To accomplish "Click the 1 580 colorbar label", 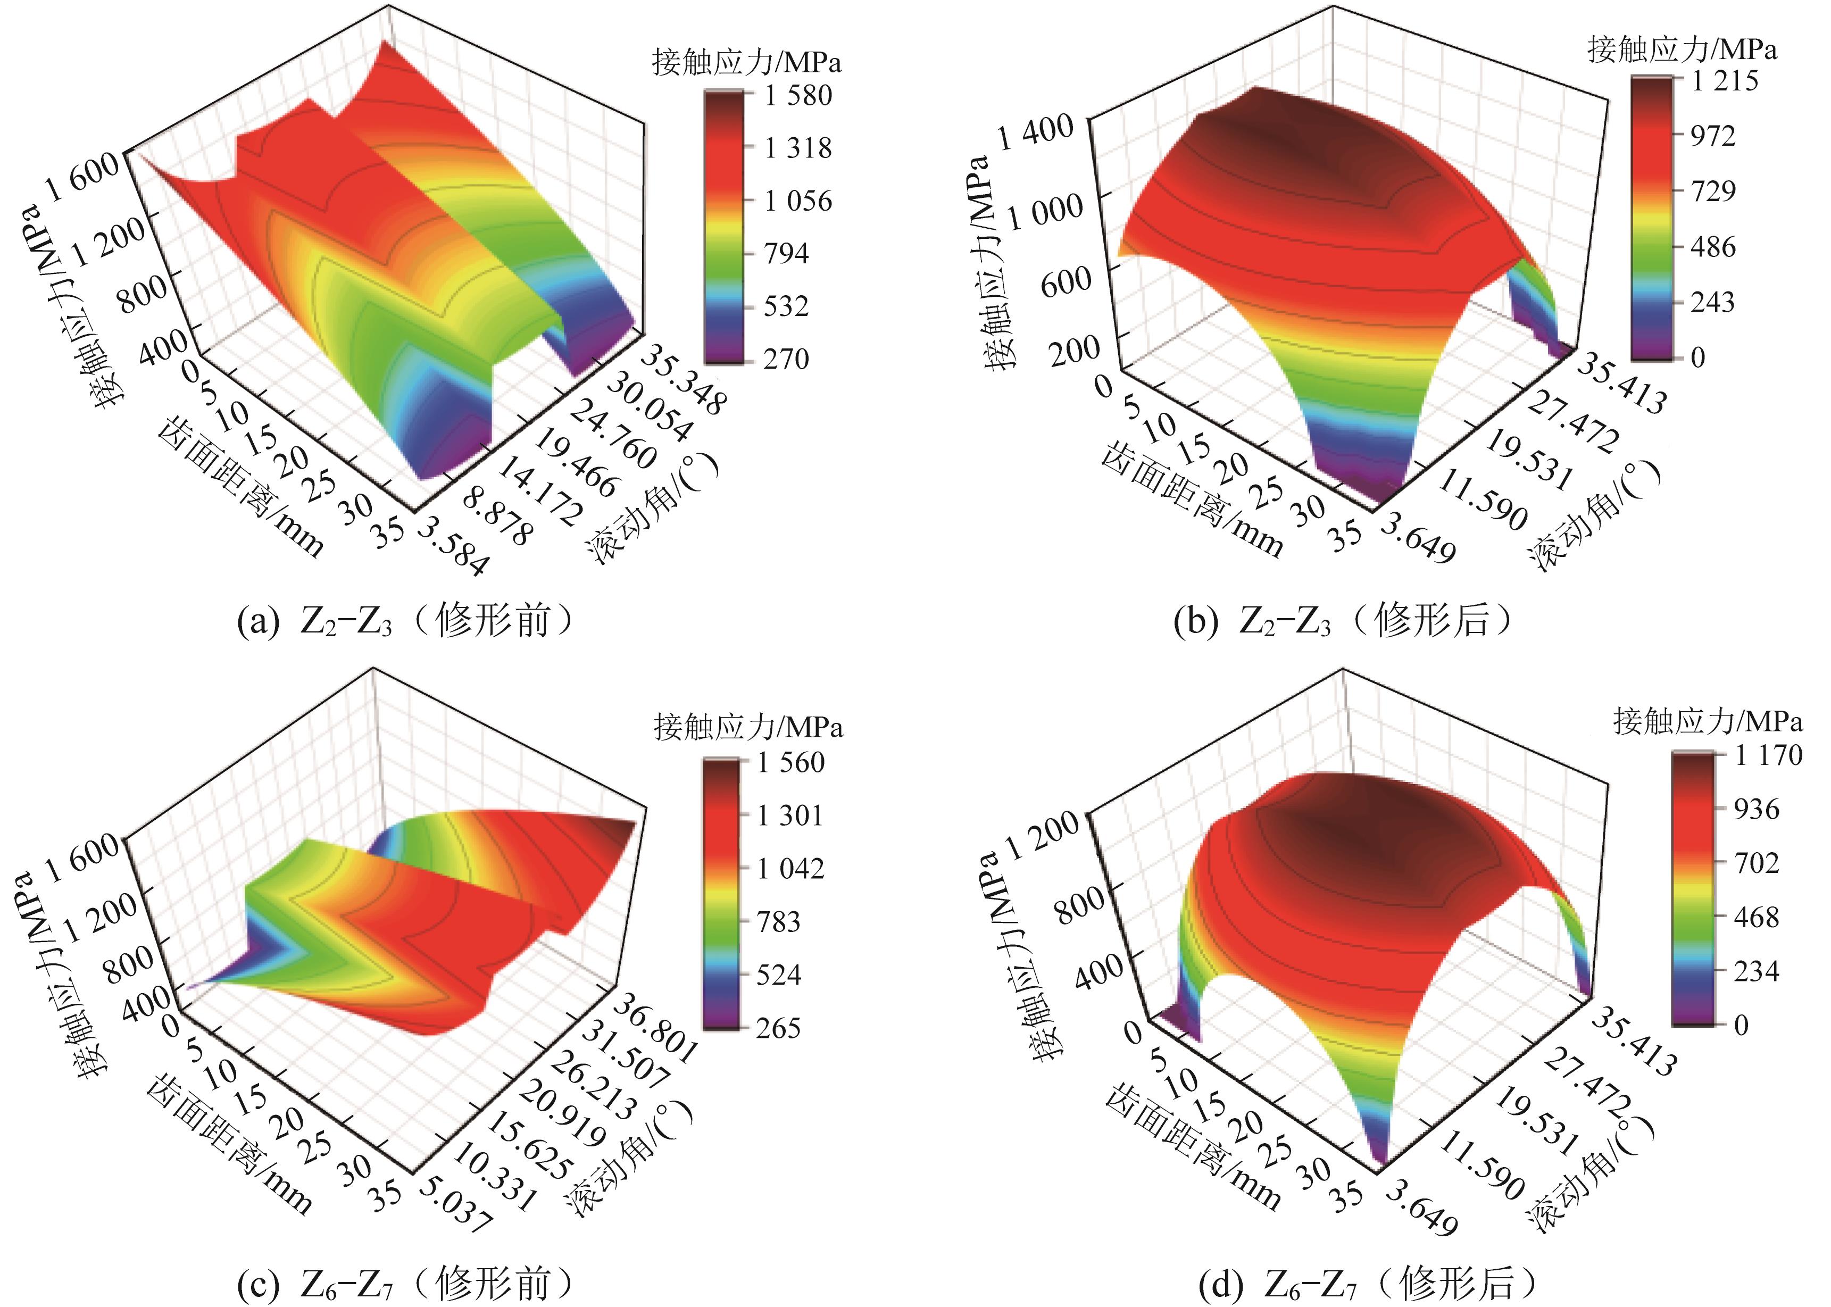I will pyautogui.click(x=797, y=96).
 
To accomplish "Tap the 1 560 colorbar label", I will pyautogui.click(x=790, y=762).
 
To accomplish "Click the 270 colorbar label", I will pyautogui.click(x=786, y=359).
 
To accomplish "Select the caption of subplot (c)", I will pyautogui.click(x=406, y=1283).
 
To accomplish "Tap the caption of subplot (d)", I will pyautogui.click(x=1368, y=1283).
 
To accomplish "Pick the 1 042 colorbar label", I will pyautogui.click(x=790, y=868).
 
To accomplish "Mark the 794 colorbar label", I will pyautogui.click(x=786, y=254).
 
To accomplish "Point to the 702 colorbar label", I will pyautogui.click(x=1756, y=863).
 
